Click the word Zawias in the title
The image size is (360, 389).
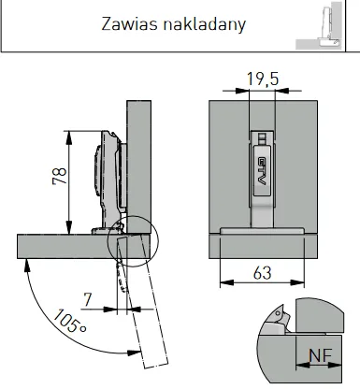point(126,23)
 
